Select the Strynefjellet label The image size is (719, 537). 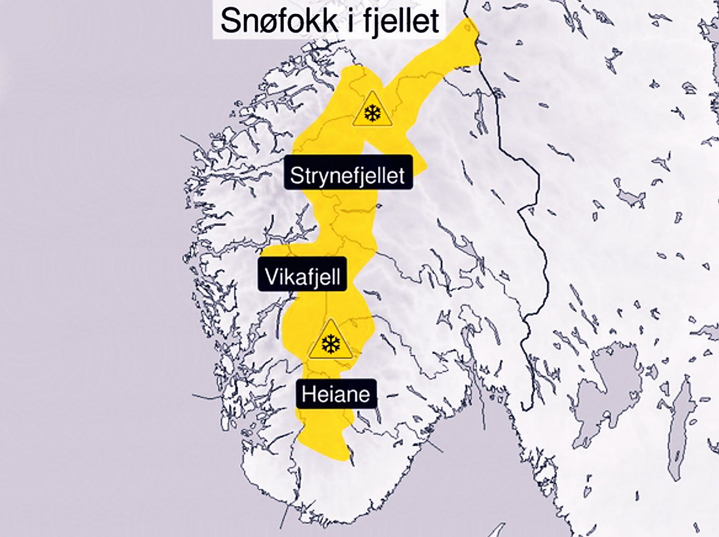click(348, 174)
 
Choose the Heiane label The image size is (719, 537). click(336, 393)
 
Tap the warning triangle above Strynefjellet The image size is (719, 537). click(372, 110)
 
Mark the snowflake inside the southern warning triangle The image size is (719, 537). click(330, 344)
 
